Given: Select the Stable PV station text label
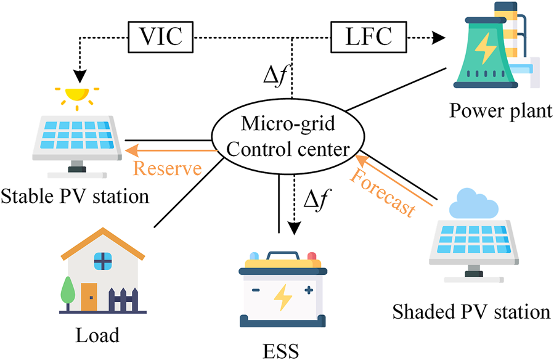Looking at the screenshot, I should pyautogui.click(x=75, y=197).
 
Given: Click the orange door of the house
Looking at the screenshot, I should pyautogui.click(x=89, y=297).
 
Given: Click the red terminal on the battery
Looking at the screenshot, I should pyautogui.click(x=311, y=256).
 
